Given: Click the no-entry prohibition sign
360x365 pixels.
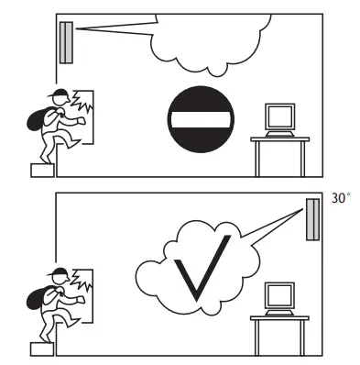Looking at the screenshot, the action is click(x=201, y=118).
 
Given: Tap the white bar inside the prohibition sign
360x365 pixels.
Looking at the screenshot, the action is click(x=201, y=118).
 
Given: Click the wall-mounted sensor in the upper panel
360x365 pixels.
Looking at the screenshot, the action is click(x=66, y=42).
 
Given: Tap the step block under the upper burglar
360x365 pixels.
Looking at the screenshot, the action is click(x=42, y=169).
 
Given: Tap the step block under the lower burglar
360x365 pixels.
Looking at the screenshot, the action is click(x=42, y=348).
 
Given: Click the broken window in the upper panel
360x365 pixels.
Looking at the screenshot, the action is click(x=82, y=114).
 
